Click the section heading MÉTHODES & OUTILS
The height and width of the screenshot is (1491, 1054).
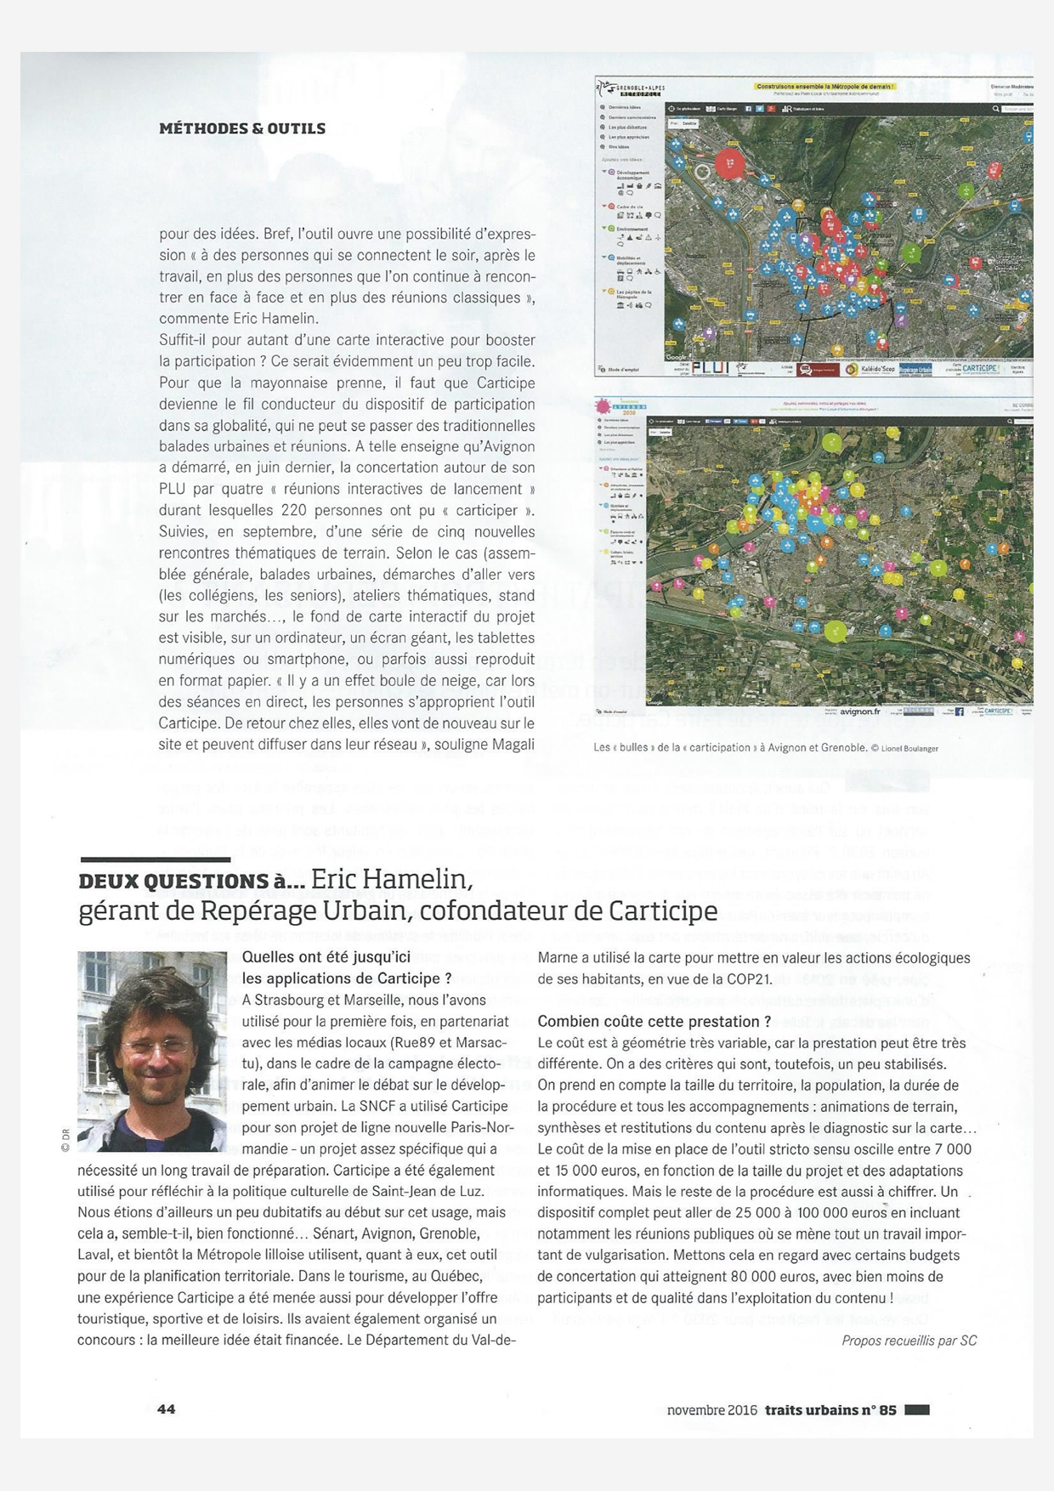coord(242,128)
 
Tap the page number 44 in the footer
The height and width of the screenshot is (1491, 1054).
coord(167,1409)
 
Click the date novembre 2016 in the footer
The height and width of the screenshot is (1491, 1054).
coord(712,1409)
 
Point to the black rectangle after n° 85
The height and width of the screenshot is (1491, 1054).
coord(917,1409)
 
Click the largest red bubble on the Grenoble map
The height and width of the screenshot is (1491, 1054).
coord(728,162)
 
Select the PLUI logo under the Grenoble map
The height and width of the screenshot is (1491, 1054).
coord(708,368)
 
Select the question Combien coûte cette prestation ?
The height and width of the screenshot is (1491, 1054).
coord(654,1021)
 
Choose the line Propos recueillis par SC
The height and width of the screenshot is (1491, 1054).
coord(909,1341)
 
